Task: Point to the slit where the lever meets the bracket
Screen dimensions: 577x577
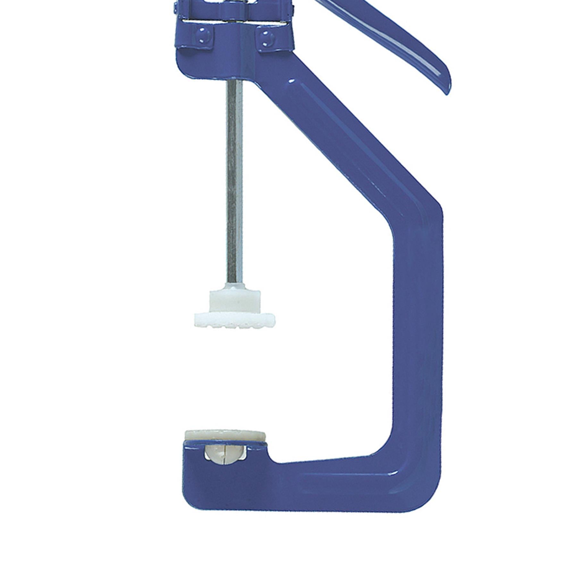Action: coord(237,21)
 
